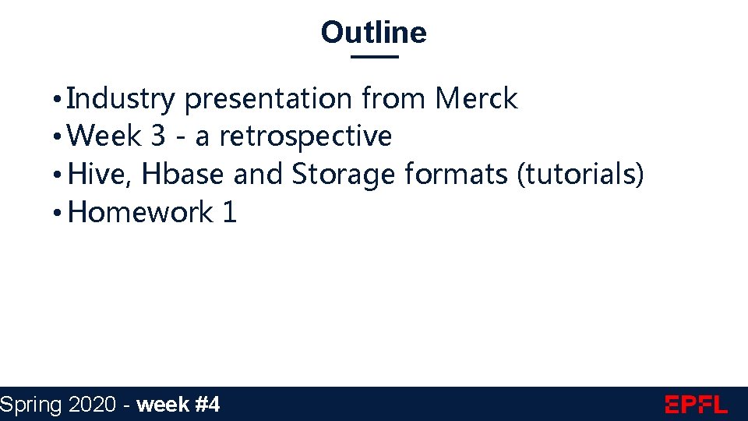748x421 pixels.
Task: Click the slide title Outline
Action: [x=373, y=33]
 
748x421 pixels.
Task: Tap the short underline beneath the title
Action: [x=374, y=57]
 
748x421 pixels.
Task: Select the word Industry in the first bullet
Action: [x=122, y=100]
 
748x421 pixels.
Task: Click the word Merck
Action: [x=476, y=99]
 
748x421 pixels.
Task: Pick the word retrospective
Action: [x=305, y=137]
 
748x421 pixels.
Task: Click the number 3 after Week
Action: [x=158, y=136]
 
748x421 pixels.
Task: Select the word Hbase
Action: [x=184, y=174]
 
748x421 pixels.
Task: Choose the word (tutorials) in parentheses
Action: [x=580, y=175]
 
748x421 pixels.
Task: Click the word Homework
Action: [x=140, y=212]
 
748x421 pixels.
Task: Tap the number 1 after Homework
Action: [x=229, y=212]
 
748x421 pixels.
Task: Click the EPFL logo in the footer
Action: [x=696, y=405]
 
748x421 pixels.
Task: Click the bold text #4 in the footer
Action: [x=206, y=405]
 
